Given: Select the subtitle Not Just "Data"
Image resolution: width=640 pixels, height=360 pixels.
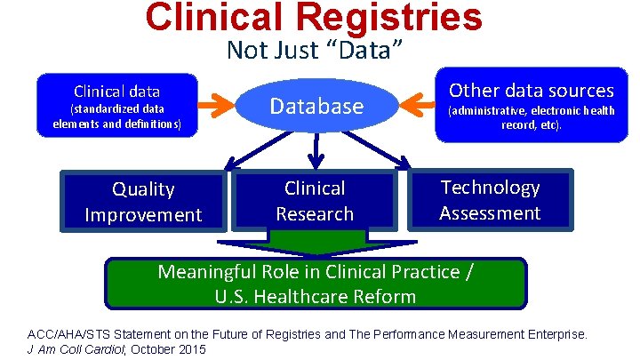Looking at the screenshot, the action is coord(316,51).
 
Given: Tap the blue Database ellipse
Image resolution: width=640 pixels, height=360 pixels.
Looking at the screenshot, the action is coord(317,107).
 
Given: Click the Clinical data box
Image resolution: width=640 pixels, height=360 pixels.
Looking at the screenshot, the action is coord(116,106).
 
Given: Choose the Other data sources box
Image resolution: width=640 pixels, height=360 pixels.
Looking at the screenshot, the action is coord(531,106).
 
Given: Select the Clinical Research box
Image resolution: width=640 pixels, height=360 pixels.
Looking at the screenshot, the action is coord(314,201).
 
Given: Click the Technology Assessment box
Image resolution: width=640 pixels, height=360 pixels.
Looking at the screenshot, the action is coord(490,200).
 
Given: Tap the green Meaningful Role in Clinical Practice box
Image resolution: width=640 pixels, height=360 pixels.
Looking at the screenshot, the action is coord(316,284).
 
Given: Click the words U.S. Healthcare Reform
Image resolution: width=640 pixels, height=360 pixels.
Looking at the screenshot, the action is coord(316,296).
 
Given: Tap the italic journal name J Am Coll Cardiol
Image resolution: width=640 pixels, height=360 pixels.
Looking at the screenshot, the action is coord(72,349).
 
